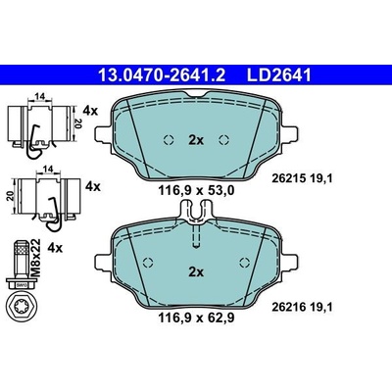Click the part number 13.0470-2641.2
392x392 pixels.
pyautogui.click(x=162, y=75)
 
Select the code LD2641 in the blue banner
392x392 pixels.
pyautogui.click(x=278, y=75)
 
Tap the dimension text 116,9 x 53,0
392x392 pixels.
pyautogui.click(x=196, y=190)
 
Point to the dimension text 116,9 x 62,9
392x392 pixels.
pyautogui.click(x=196, y=318)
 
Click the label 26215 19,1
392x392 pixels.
pyautogui.click(x=302, y=178)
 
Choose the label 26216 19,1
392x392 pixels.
pyautogui.click(x=302, y=307)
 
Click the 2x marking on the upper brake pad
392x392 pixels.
pyautogui.click(x=196, y=140)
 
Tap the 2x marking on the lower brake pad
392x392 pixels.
pyautogui.click(x=196, y=271)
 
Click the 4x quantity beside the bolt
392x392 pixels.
pyautogui.click(x=55, y=249)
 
